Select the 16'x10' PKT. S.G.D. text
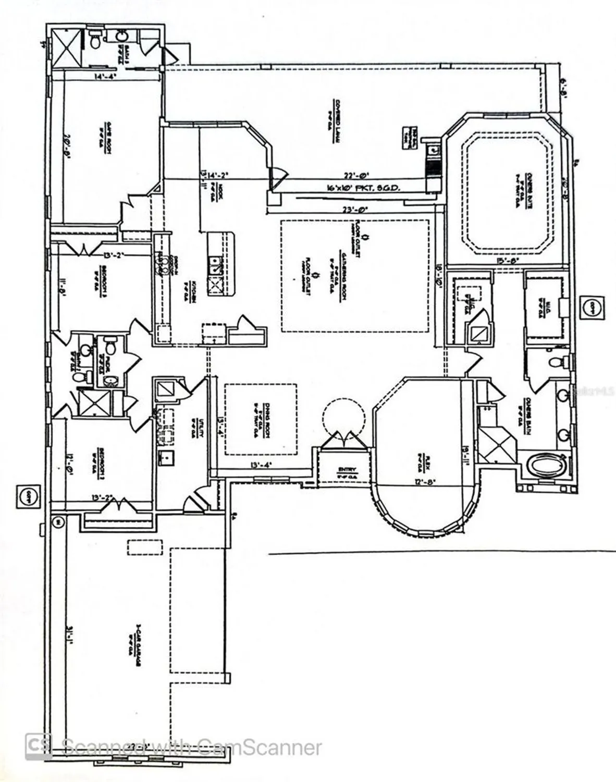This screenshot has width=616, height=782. [356, 188]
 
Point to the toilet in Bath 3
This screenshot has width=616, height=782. [95, 40]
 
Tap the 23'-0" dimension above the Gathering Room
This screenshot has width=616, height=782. [356, 210]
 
